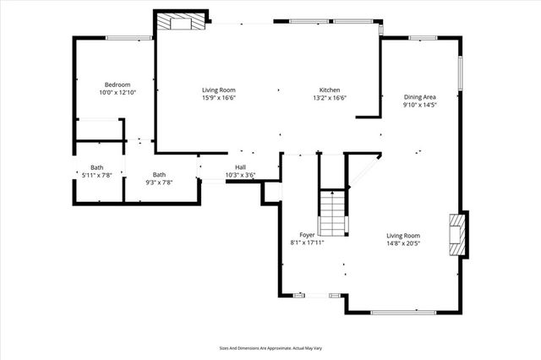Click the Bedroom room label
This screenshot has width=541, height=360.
click(117, 85)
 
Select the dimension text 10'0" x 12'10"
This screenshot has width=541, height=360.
click(117, 92)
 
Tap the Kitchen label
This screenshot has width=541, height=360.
click(330, 90)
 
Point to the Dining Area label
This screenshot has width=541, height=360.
click(418, 97)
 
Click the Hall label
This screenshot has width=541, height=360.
click(240, 167)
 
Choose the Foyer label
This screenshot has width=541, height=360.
click(307, 235)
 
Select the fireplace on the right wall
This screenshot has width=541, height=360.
click(456, 232)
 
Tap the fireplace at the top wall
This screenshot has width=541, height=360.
click(181, 23)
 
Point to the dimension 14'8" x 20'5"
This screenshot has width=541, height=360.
click(403, 243)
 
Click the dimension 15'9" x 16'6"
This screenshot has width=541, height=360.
click(218, 98)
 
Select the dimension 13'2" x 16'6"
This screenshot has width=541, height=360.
click(330, 98)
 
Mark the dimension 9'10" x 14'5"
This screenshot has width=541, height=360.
click(418, 105)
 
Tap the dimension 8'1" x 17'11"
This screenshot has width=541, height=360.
click(307, 243)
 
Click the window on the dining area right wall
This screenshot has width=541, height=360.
click(461, 74)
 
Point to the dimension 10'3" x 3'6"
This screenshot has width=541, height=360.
click(240, 175)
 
